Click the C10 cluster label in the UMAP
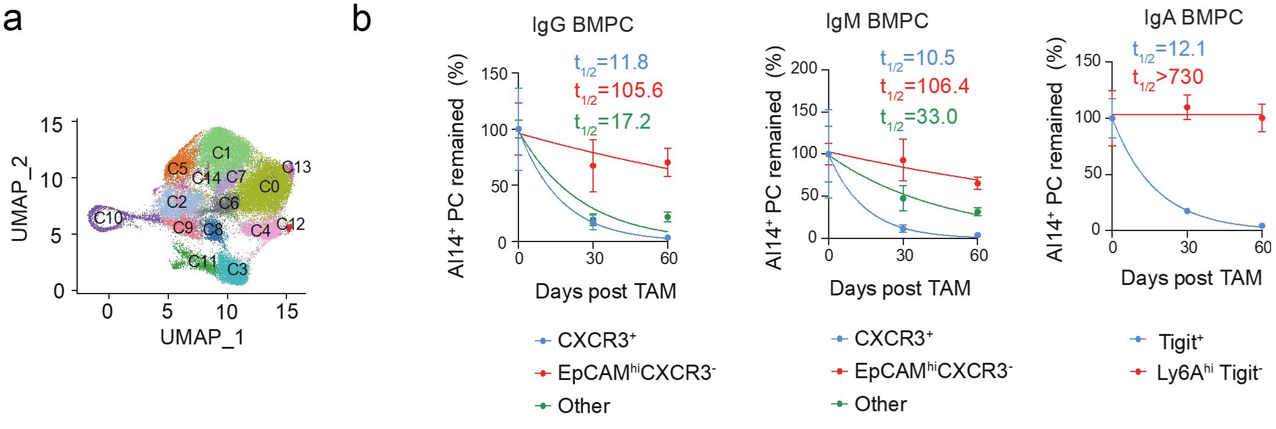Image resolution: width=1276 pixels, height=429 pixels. [108, 217]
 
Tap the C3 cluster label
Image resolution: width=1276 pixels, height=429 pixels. [237, 269]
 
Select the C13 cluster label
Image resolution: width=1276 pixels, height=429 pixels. [296, 167]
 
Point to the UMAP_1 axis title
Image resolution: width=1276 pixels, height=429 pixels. [202, 338]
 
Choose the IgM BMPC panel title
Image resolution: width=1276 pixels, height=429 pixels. [877, 21]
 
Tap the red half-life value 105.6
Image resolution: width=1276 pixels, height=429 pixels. [618, 90]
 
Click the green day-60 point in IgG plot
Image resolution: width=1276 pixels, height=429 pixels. [668, 217]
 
